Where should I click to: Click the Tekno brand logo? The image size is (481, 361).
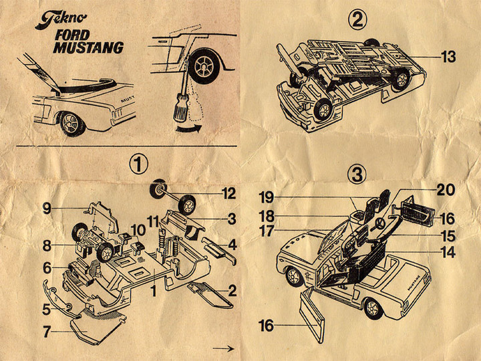tap(60, 18)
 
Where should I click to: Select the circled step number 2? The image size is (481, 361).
tap(358, 21)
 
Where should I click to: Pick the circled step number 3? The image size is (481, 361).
tap(358, 175)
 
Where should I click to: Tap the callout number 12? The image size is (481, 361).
tap(228, 194)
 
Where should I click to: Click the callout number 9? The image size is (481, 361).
tap(46, 207)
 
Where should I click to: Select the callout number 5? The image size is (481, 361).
tap(47, 309)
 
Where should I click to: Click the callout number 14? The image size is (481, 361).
tap(448, 253)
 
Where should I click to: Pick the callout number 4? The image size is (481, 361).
tap(232, 244)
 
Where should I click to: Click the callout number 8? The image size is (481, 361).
tap(47, 245)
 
